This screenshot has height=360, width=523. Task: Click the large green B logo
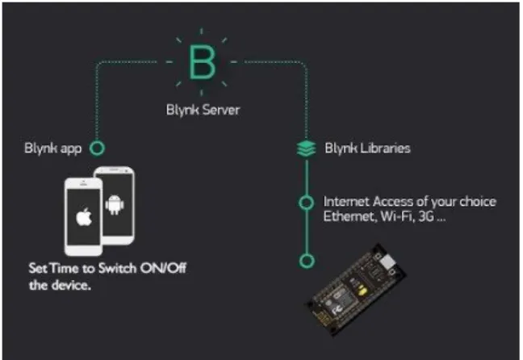coord(202,62)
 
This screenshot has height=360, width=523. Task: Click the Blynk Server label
coord(203,110)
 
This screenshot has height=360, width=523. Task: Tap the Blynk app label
coord(52,149)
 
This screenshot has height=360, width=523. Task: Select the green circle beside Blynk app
coord(97,149)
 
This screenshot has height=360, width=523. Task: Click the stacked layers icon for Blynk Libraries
coord(306,149)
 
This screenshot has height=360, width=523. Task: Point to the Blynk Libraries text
coord(367,149)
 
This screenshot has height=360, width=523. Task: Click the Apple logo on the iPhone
coord(84,217)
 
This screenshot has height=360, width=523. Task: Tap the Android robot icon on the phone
coord(115,204)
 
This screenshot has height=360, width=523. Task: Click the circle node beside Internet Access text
coord(306,203)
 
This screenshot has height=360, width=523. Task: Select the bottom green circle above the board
coord(307,261)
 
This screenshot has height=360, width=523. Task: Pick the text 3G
coord(426,217)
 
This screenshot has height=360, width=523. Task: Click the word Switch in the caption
coord(117,268)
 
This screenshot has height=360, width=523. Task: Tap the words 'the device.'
coord(60,285)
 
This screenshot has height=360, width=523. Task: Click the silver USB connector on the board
coord(387,262)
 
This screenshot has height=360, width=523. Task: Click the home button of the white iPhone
coord(83,250)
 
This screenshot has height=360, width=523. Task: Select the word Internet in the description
coord(346,202)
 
